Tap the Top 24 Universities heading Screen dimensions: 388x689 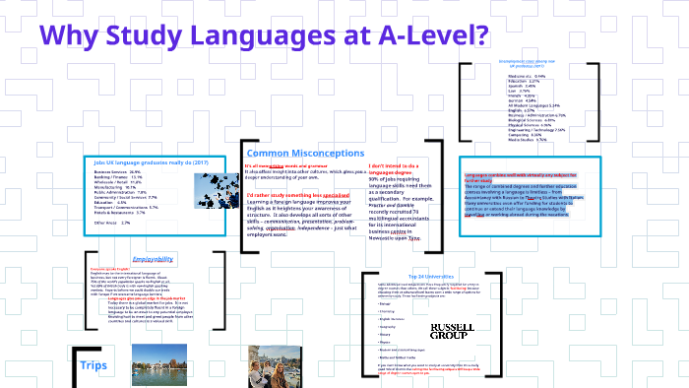coord(430,276)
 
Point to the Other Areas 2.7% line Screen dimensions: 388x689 coord(111,223)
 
